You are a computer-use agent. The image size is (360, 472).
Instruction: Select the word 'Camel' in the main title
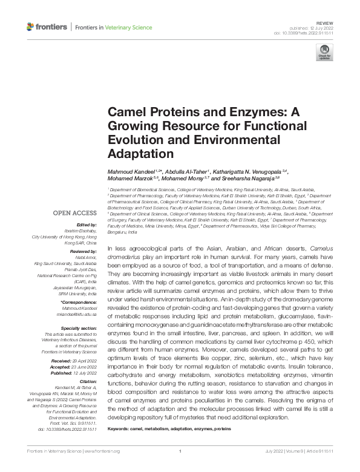point(125,113)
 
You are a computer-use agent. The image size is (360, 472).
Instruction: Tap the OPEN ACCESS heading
point(74,213)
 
